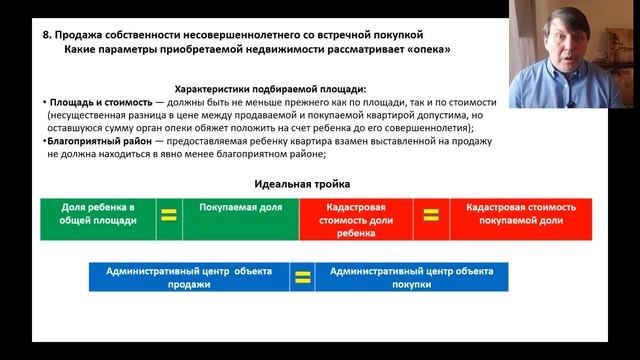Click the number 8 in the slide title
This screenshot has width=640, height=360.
pos(46,33)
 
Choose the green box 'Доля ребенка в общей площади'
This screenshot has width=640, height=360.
pos(98,218)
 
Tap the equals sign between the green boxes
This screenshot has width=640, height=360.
pos(169,215)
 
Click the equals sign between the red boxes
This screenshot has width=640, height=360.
pos(431,215)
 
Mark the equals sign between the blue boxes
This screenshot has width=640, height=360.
pos(302,276)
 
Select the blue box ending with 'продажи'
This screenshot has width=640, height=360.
pos(189,277)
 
